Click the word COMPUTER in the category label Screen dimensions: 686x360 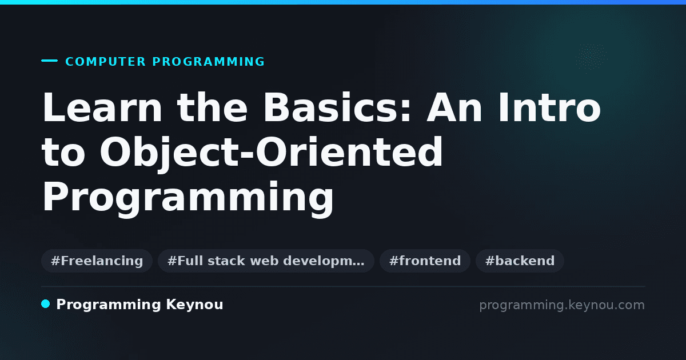tap(105, 62)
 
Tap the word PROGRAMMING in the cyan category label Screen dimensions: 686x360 tap(208, 62)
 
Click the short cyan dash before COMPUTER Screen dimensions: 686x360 tap(49, 61)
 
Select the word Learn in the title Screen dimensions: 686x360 tap(102, 107)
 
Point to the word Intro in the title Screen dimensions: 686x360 tap(549, 107)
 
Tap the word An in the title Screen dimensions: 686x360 tap(454, 107)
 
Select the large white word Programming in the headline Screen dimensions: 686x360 tap(188, 197)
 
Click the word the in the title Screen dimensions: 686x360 tap(212, 107)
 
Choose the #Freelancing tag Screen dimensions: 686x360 tap(97, 261)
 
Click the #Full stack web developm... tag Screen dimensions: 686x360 tap(266, 261)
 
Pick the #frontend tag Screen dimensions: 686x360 tap(425, 261)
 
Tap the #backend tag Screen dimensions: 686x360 tap(520, 261)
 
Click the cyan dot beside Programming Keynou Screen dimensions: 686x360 tap(46, 304)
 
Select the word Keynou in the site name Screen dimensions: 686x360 tap(194, 305)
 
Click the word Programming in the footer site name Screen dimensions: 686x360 tap(109, 305)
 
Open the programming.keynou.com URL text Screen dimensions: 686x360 tap(562, 305)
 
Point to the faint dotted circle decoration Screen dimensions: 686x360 tap(591, 57)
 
